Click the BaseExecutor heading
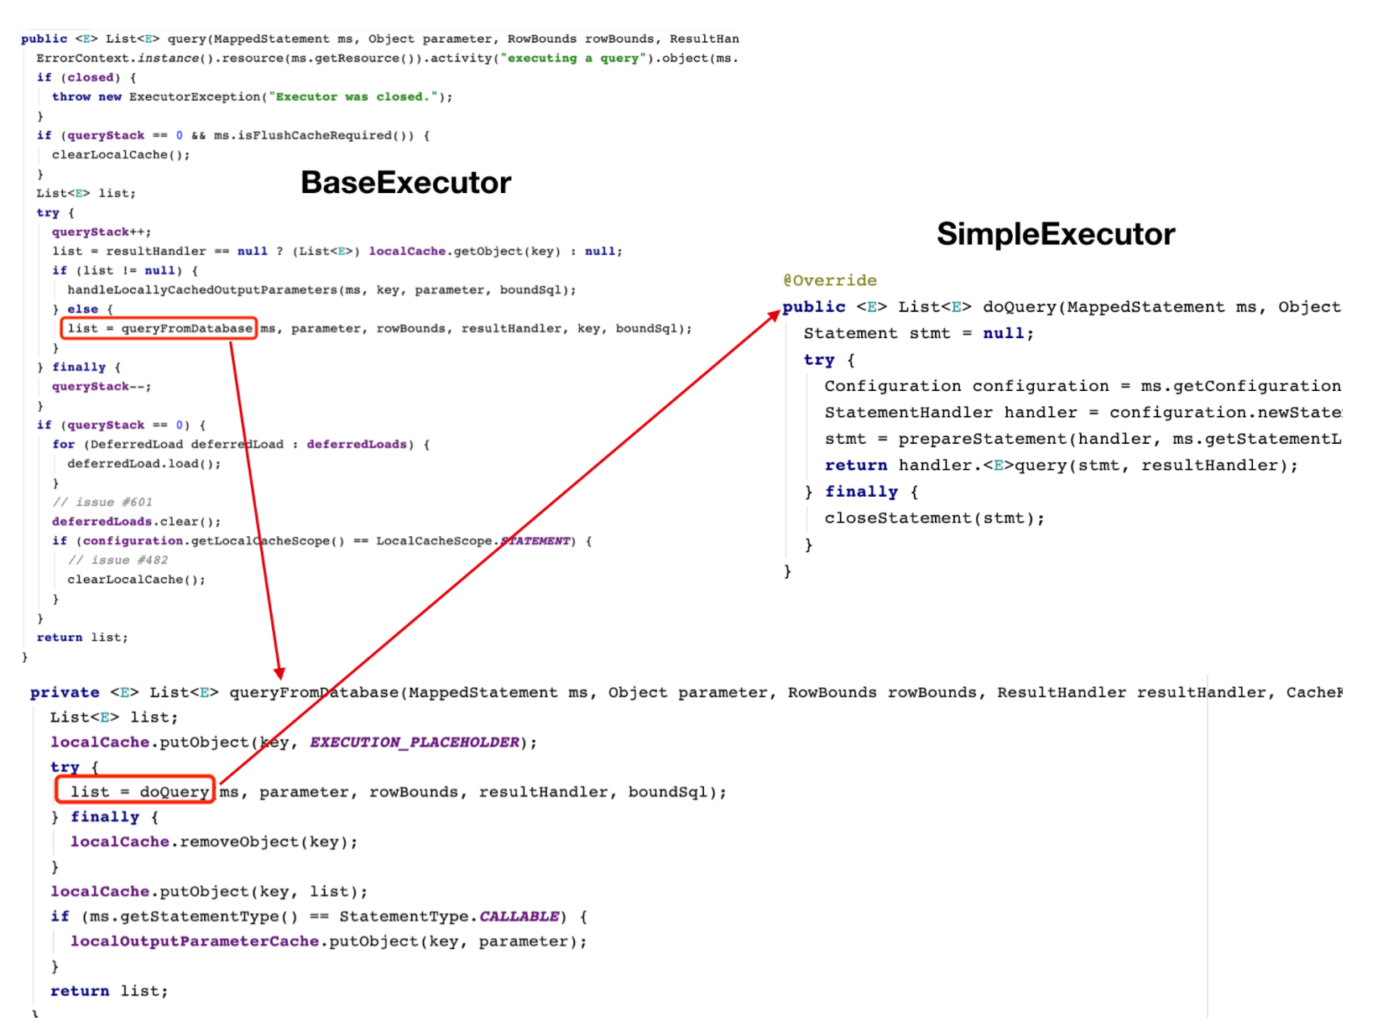(x=405, y=183)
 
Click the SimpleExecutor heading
(x=1055, y=233)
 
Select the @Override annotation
(x=829, y=280)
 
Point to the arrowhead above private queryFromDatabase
(x=279, y=672)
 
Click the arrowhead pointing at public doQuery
(x=775, y=315)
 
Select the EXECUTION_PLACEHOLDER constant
(x=415, y=743)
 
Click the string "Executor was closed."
(x=354, y=96)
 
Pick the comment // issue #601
(x=102, y=502)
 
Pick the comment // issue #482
(x=117, y=560)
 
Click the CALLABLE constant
(x=519, y=916)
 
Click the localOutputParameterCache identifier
(x=195, y=941)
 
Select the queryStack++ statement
(x=102, y=232)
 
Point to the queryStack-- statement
(x=102, y=386)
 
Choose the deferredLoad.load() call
(x=144, y=463)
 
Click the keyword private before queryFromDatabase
(x=65, y=693)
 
